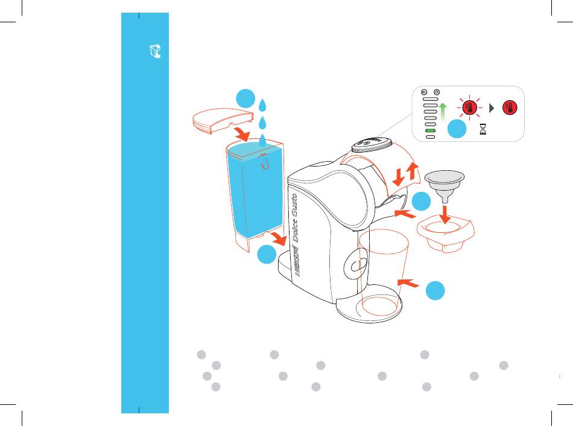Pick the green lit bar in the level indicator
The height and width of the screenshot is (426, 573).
pos(429,131)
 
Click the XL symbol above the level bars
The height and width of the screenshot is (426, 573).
pos(424,93)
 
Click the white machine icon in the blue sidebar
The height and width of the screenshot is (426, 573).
pos(154,52)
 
